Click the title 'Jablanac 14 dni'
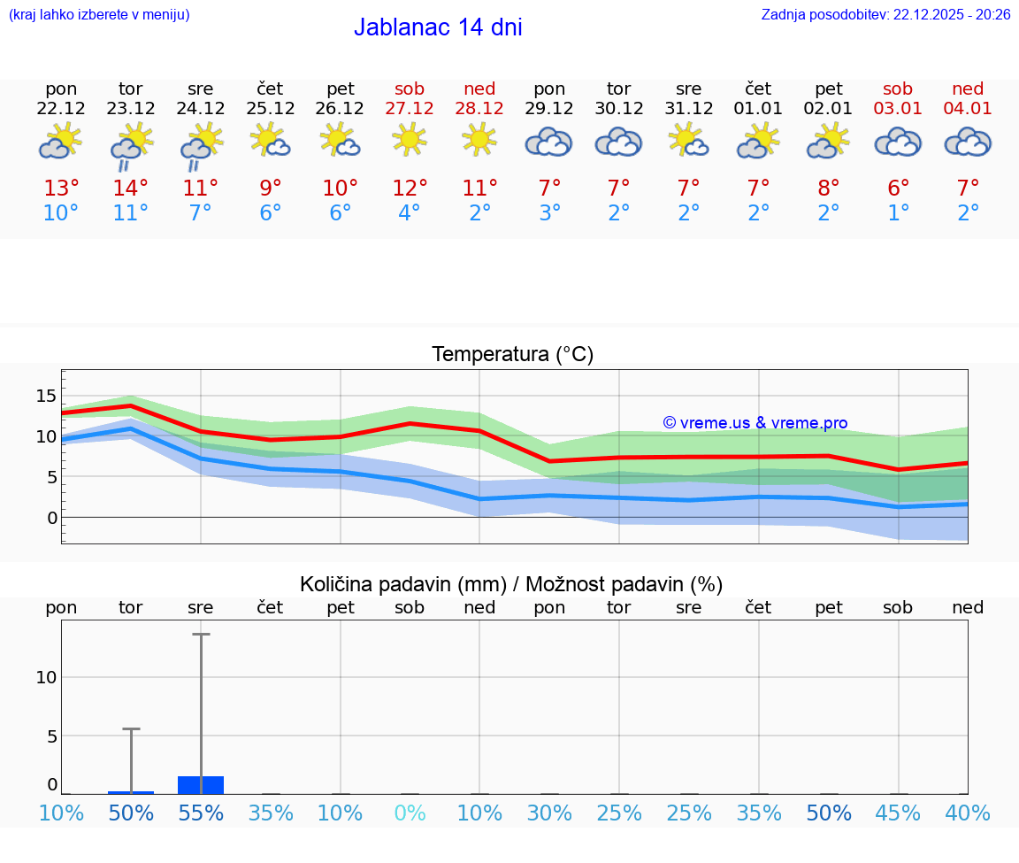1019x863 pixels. (438, 27)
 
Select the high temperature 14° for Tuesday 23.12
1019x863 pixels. (131, 188)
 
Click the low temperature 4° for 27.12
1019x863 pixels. (410, 213)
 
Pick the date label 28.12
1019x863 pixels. (479, 109)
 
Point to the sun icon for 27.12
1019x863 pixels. (410, 139)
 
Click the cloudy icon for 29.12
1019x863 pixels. (549, 142)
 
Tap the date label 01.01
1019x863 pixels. (758, 109)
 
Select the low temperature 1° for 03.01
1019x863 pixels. (899, 213)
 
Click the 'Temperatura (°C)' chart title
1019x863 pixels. (512, 355)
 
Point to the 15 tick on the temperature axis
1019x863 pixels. (46, 395)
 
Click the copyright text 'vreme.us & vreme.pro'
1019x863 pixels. (755, 423)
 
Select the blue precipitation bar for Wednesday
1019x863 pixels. (201, 785)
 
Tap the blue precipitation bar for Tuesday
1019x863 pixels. (131, 792)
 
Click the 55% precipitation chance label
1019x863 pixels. (201, 813)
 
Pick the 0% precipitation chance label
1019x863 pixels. (410, 813)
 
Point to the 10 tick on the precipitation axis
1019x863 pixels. (46, 677)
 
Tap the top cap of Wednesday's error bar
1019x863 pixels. (201, 635)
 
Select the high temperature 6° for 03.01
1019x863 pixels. (899, 188)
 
